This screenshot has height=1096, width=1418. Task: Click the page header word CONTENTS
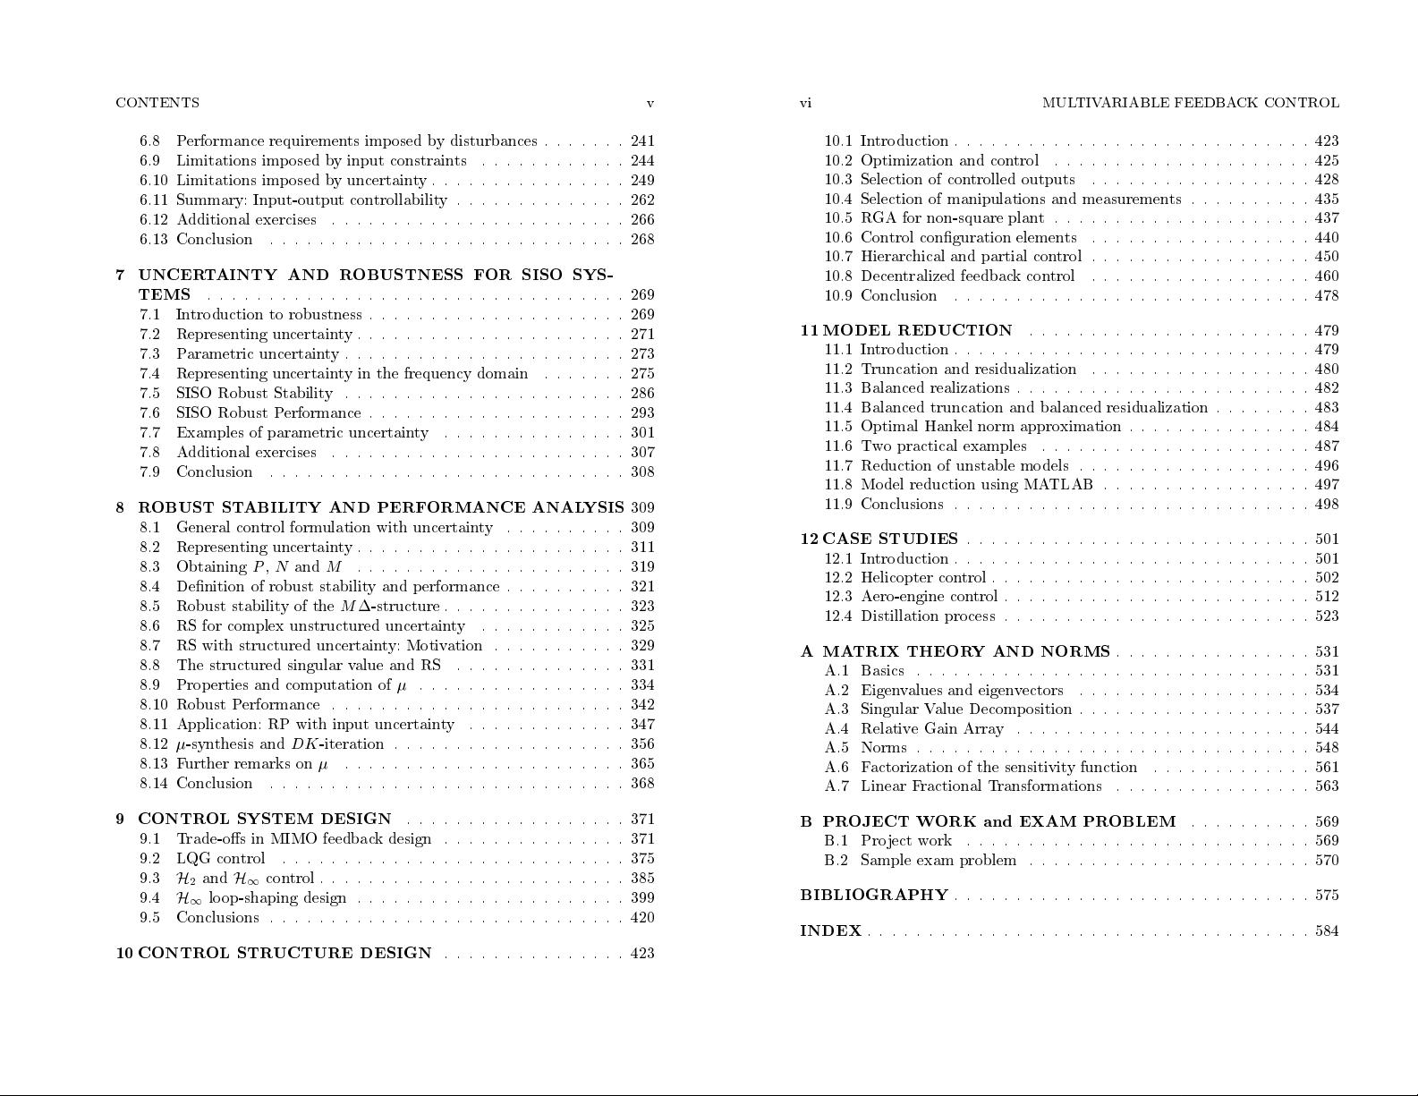click(x=157, y=103)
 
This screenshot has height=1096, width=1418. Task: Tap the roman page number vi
click(x=805, y=103)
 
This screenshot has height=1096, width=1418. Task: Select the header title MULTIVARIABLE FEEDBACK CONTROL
click(x=1190, y=103)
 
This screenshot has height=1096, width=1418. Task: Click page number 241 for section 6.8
click(x=642, y=141)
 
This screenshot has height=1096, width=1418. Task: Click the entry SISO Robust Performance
click(x=268, y=413)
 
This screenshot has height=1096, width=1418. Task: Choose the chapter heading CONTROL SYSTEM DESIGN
click(x=265, y=820)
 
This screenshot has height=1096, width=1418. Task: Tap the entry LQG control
click(x=221, y=859)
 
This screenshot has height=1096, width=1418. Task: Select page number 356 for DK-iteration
click(x=642, y=744)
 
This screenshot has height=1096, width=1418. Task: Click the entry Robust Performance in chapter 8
click(x=248, y=705)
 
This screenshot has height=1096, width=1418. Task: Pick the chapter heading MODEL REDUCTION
click(x=917, y=331)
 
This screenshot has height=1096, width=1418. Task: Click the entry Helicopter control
click(x=922, y=578)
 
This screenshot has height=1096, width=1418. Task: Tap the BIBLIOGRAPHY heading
click(x=873, y=896)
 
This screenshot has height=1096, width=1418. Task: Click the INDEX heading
click(x=830, y=931)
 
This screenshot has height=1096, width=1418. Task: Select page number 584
click(x=1327, y=931)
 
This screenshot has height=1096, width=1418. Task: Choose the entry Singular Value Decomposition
click(x=965, y=709)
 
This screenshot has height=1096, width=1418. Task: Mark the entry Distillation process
click(x=928, y=616)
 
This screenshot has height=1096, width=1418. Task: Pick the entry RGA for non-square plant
click(x=952, y=218)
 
